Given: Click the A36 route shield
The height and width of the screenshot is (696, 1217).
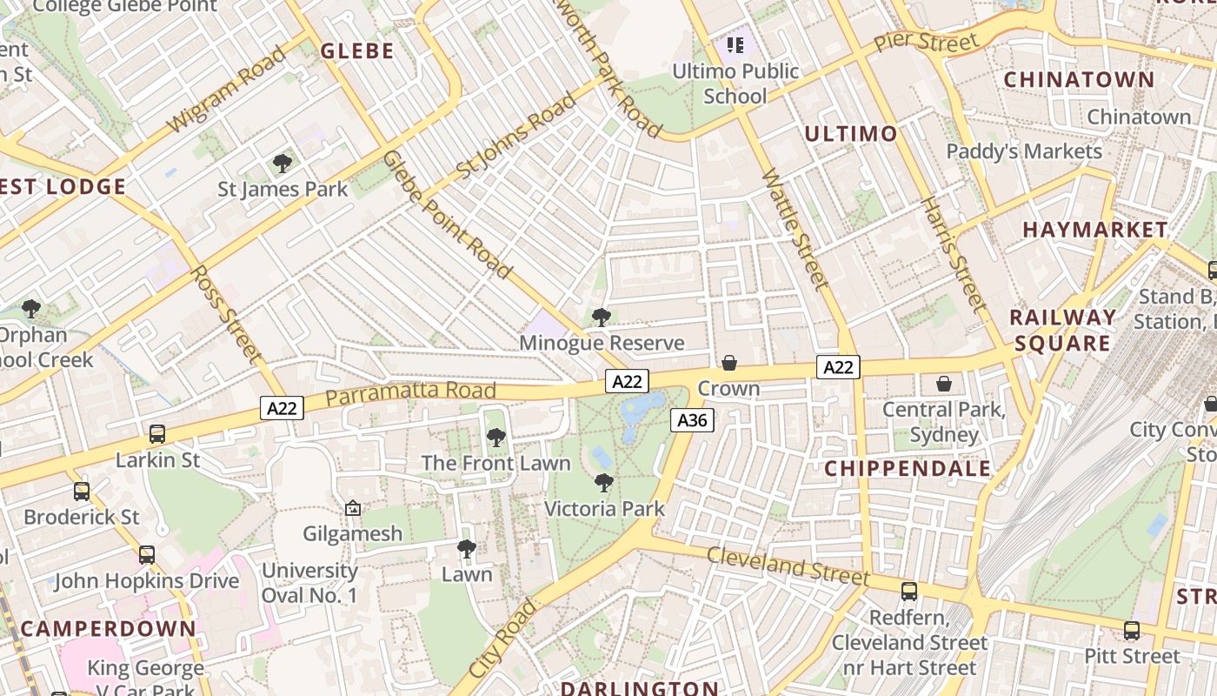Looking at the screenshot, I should click(x=692, y=421).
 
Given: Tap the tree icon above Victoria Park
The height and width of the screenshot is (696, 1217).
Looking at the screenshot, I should click(x=604, y=482).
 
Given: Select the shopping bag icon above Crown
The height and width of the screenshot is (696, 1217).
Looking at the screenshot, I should click(x=729, y=363).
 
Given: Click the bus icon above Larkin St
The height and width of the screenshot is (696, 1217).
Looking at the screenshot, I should click(x=157, y=433).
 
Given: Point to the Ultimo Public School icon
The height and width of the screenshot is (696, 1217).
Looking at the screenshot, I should click(x=735, y=44).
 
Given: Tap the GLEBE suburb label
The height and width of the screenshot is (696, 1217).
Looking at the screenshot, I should click(x=357, y=51).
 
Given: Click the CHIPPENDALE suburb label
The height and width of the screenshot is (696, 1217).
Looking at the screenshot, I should click(x=908, y=469).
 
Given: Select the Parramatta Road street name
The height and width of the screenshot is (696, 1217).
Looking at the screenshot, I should click(x=411, y=391).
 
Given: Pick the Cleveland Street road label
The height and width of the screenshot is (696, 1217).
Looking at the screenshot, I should click(x=788, y=565).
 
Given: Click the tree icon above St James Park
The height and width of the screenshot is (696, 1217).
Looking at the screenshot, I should click(x=283, y=163).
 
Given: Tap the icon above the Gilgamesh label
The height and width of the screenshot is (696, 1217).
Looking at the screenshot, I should click(x=353, y=508).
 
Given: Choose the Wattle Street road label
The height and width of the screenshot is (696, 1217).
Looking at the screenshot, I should click(x=795, y=228).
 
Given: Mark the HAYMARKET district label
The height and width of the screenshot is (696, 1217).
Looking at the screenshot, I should click(x=1095, y=230).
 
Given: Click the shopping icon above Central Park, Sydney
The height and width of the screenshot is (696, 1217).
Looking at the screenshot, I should click(x=944, y=384).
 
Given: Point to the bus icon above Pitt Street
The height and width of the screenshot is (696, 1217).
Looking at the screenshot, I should click(x=1132, y=631).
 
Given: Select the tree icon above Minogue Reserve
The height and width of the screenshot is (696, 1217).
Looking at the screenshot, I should click(x=601, y=318).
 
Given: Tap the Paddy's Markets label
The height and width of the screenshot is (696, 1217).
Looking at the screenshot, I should click(x=1024, y=151).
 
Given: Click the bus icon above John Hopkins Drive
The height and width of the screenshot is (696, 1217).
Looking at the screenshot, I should click(x=147, y=554).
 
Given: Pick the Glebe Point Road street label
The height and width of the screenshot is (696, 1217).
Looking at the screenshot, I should click(x=446, y=214).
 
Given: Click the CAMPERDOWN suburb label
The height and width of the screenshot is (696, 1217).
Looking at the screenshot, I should click(x=109, y=628).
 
